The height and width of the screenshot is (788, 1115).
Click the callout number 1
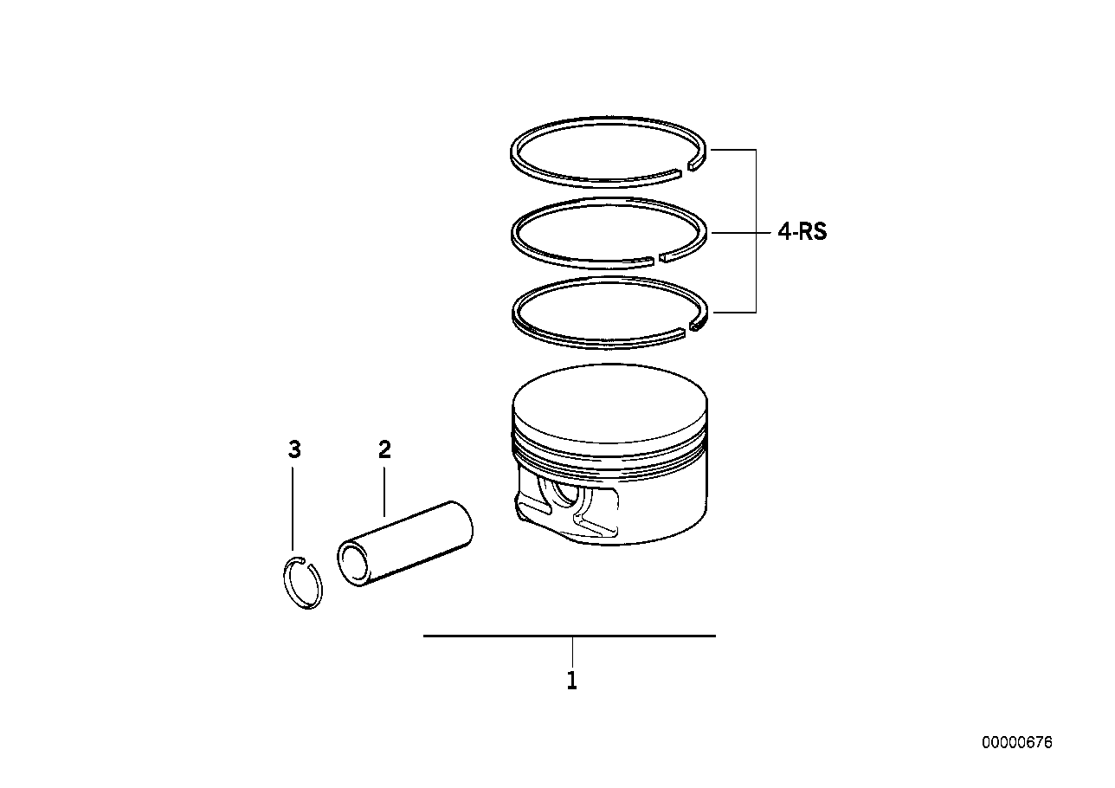[571, 681]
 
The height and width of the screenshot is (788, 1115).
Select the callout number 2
[384, 449]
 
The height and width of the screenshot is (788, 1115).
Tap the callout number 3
[294, 449]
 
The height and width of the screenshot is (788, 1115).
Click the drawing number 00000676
[1017, 743]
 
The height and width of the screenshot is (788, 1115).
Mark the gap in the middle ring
[654, 257]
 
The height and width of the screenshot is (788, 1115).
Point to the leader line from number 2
[384, 489]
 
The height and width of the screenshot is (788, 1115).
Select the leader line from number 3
[294, 511]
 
